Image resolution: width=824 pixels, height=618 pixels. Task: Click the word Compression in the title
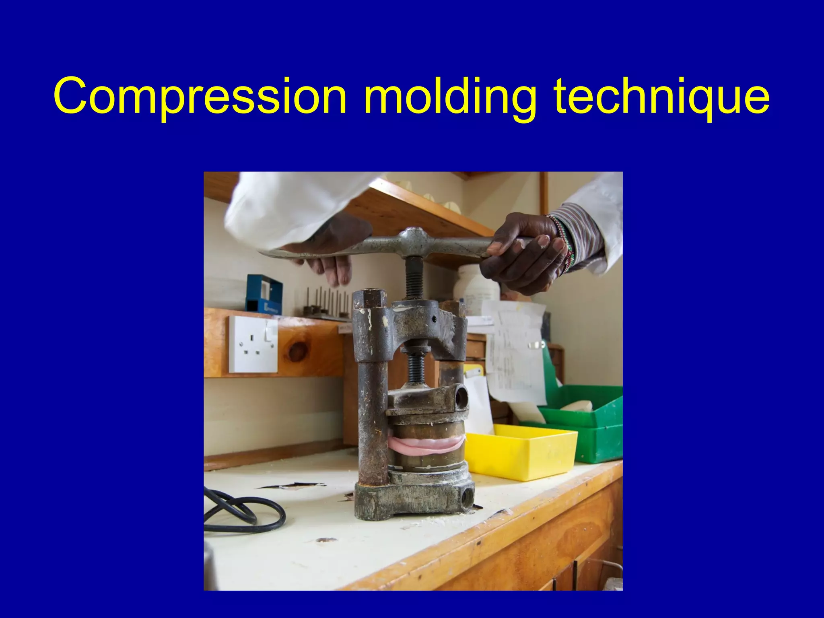pos(200,97)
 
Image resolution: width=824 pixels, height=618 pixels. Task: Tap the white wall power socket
pos(253,344)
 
